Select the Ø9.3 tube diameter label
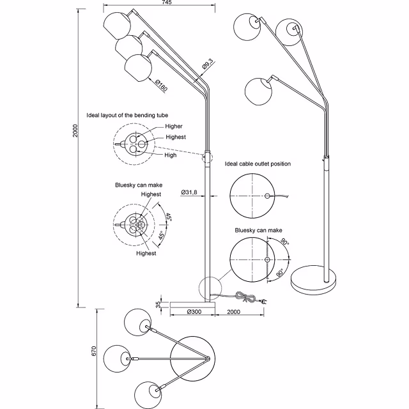(x=206, y=65)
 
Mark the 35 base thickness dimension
(x=158, y=305)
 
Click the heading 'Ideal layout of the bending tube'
(x=127, y=116)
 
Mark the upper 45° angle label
(x=169, y=217)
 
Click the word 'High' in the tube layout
(x=170, y=155)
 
